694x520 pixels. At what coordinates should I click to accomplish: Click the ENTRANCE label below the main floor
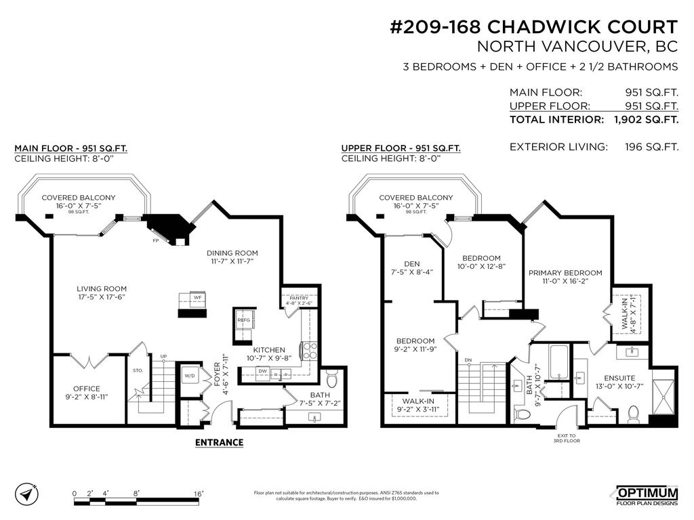tap(219, 442)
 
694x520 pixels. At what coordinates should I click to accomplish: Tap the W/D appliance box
tap(190, 375)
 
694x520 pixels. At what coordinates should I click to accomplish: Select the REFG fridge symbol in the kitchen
tap(243, 321)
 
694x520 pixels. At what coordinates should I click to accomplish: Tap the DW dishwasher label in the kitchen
tap(263, 371)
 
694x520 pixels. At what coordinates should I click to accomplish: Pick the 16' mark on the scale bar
tap(199, 494)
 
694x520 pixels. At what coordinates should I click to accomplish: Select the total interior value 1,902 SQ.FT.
tap(646, 120)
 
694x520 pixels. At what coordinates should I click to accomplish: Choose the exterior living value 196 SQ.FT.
tap(651, 146)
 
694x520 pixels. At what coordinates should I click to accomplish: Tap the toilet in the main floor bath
tap(331, 377)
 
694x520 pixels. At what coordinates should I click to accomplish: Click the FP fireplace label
tap(156, 240)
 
